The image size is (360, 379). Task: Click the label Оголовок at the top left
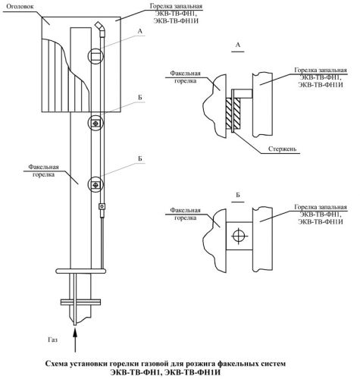pyautogui.click(x=20, y=7)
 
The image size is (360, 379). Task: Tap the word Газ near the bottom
pyautogui.click(x=53, y=340)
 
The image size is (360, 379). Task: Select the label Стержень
pyautogui.click(x=282, y=149)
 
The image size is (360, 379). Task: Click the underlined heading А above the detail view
pyautogui.click(x=238, y=45)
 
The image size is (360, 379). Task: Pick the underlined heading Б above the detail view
pyautogui.click(x=238, y=196)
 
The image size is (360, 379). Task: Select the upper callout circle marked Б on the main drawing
pyautogui.click(x=95, y=123)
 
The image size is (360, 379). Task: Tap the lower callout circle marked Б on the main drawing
pyautogui.click(x=95, y=185)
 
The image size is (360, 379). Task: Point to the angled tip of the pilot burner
pyautogui.click(x=100, y=27)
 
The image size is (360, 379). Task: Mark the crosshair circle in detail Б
pyautogui.click(x=238, y=236)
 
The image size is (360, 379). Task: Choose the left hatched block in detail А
pyautogui.click(x=228, y=113)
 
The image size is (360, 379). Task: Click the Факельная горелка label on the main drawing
pyautogui.click(x=43, y=171)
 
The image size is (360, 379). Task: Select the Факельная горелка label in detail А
pyautogui.click(x=185, y=77)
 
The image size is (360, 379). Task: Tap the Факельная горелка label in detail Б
pyautogui.click(x=185, y=214)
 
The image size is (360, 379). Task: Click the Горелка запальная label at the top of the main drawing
pyautogui.click(x=176, y=13)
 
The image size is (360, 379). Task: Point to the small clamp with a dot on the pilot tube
pyautogui.click(x=102, y=206)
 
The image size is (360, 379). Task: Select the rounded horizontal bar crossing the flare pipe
pyautogui.click(x=80, y=271)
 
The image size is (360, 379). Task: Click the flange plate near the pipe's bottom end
pyautogui.click(x=80, y=302)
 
